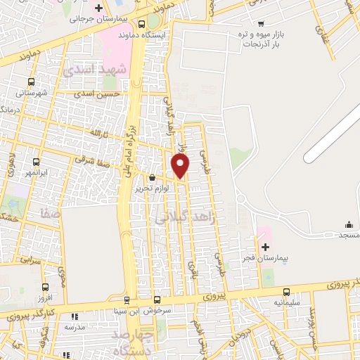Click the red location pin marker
(181, 166)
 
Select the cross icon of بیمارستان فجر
(265, 247)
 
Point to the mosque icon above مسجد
(349, 225)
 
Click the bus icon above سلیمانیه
(286, 292)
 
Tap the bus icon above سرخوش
(157, 300)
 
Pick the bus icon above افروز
(46, 287)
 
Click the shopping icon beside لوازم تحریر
(153, 177)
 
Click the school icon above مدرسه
(74, 316)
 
